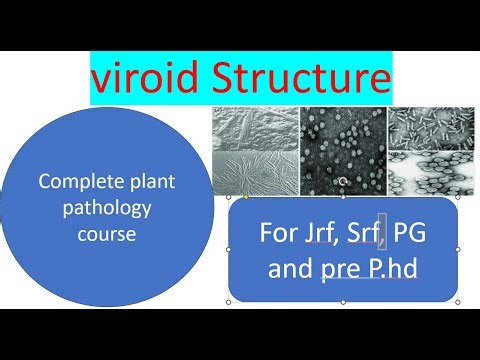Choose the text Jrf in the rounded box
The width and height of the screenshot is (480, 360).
[x=314, y=237]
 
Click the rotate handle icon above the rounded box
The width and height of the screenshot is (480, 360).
[x=343, y=182]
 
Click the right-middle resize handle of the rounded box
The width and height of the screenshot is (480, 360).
[x=458, y=249]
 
